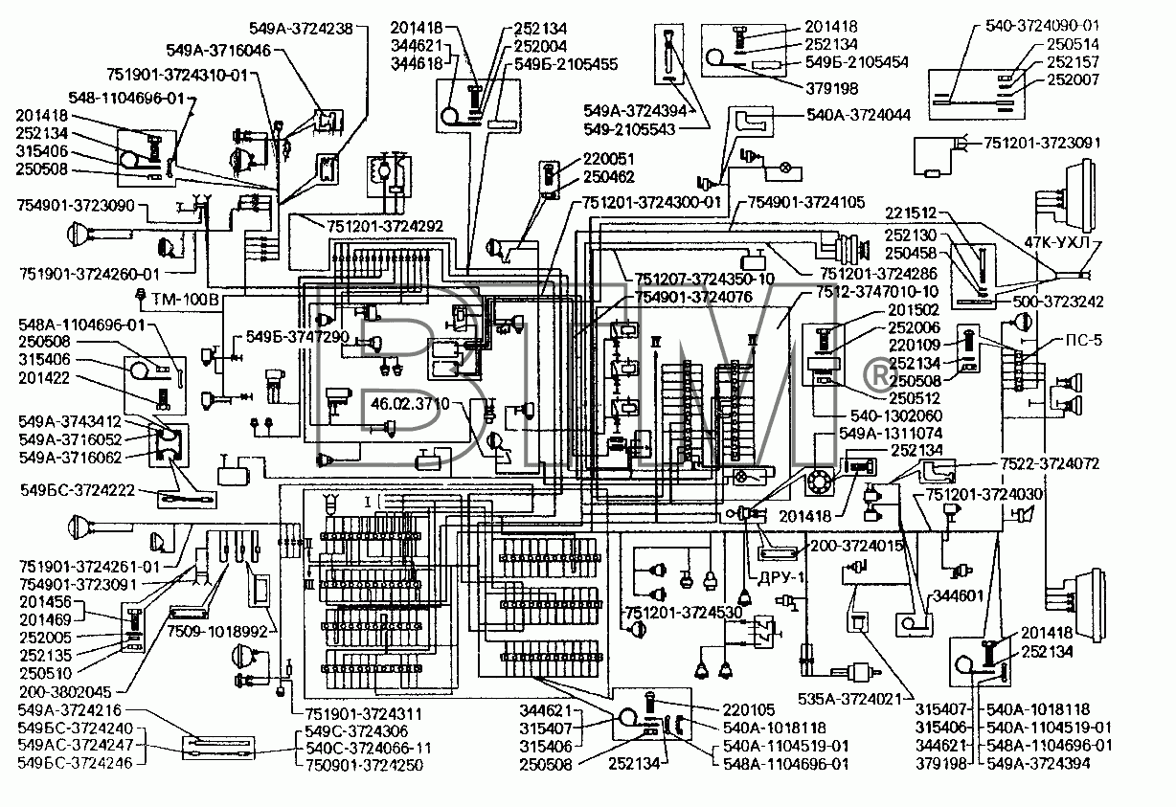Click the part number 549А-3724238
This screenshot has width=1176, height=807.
pos(302,29)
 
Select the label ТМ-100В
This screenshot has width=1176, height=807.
pos(185,301)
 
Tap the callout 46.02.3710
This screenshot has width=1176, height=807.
pos(410,404)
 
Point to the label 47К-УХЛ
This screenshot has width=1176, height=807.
pos(1057,242)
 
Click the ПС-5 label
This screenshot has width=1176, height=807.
pos(1084,341)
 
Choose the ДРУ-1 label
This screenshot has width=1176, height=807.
pos(781,577)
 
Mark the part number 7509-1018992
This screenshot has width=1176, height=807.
pos(217,631)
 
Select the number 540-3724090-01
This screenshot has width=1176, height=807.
pos(1042,26)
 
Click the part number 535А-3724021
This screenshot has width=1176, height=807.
pos(849,699)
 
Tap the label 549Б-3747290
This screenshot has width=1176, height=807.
pos(298,337)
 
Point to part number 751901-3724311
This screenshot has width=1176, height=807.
pos(364,713)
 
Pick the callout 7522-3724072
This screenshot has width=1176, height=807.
pos(1049,464)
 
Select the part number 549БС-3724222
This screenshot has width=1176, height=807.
pos(78,490)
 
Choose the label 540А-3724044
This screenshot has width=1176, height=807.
pos(858,115)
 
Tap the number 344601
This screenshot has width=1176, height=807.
pos(958,596)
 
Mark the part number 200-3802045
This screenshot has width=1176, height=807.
pos(66,691)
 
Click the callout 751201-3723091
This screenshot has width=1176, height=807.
pos(1042,144)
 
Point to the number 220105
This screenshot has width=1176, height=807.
pos(749,710)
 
